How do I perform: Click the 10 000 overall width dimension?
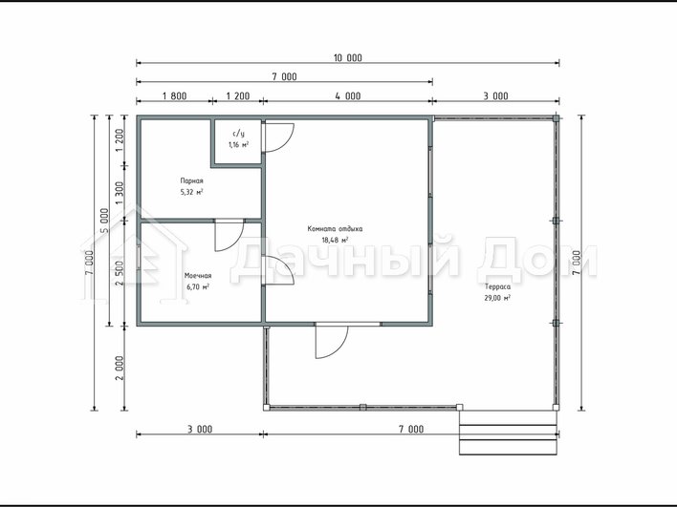[x=347, y=58]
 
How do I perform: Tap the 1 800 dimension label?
[x=174, y=95]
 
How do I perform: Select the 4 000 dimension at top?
[x=347, y=95]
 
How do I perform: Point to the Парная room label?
[x=191, y=181]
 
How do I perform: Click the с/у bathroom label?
[x=238, y=134]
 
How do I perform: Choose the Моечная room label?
[x=198, y=276]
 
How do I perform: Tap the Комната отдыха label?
[x=335, y=229]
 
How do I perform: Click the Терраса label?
[x=497, y=286]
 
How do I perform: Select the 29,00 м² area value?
[x=497, y=298]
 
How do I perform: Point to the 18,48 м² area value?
[x=335, y=240]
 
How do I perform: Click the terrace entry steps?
[x=509, y=433]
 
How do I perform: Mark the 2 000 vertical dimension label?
[x=120, y=368]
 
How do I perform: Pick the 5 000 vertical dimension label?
[x=104, y=221]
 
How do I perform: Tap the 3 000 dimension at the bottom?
[x=200, y=430]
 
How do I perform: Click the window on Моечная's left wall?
[x=139, y=258]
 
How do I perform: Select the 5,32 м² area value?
[x=191, y=192]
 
